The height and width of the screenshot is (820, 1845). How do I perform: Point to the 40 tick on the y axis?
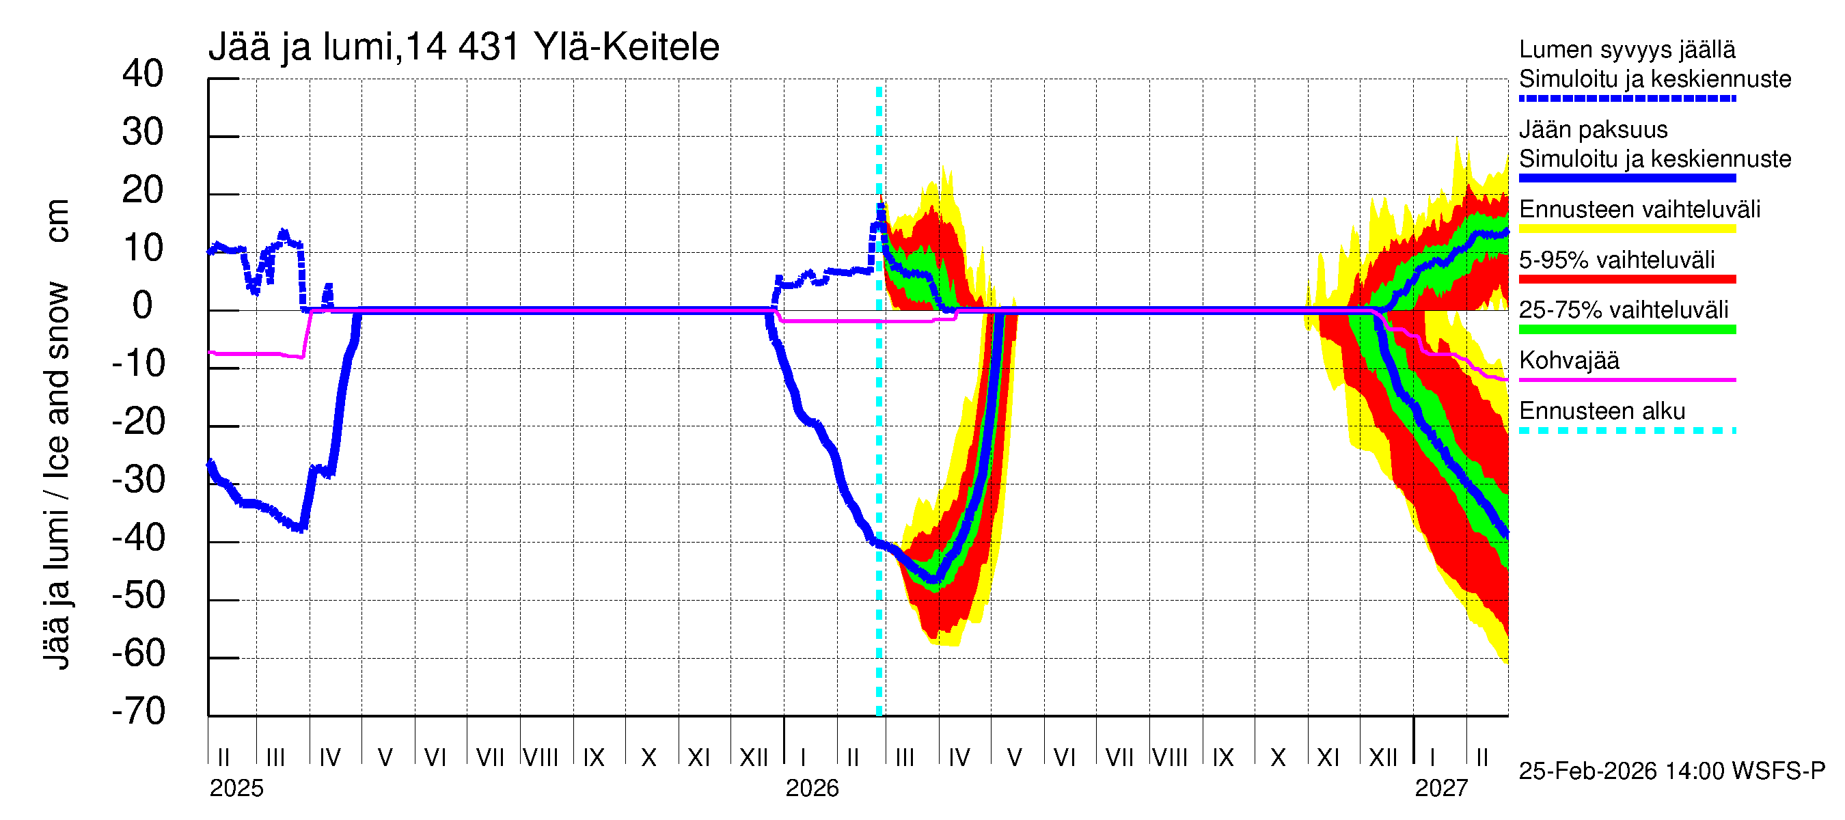pyautogui.click(x=143, y=74)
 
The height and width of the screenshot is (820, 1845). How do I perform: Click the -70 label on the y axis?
pyautogui.click(x=139, y=712)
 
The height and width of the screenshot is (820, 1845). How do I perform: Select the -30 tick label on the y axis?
pyautogui.click(x=139, y=480)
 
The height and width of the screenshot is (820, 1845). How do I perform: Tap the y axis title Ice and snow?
pyautogui.click(x=57, y=390)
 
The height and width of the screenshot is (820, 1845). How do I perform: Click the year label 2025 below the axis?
pyautogui.click(x=236, y=789)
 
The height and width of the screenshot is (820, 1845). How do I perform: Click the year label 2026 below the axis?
pyautogui.click(x=812, y=789)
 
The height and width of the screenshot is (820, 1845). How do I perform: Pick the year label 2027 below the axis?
pyautogui.click(x=1441, y=789)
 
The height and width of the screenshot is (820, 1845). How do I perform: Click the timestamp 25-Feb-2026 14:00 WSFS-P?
pyautogui.click(x=1671, y=771)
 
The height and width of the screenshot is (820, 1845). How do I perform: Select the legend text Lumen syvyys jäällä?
pyautogui.click(x=1627, y=49)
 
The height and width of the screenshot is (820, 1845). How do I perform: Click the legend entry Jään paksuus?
pyautogui.click(x=1594, y=130)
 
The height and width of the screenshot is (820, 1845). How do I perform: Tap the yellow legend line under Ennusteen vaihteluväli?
pyautogui.click(x=1627, y=229)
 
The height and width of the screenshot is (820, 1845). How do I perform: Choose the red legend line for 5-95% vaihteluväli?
pyautogui.click(x=1627, y=279)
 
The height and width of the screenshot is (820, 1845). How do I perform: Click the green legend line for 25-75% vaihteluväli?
pyautogui.click(x=1627, y=329)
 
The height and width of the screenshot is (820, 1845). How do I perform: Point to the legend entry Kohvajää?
pyautogui.click(x=1569, y=360)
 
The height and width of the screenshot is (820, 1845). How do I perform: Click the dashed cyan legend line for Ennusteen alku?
pyautogui.click(x=1627, y=430)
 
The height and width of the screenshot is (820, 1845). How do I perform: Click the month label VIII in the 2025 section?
pyautogui.click(x=541, y=758)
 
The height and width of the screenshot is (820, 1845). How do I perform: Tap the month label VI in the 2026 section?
pyautogui.click(x=1065, y=758)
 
